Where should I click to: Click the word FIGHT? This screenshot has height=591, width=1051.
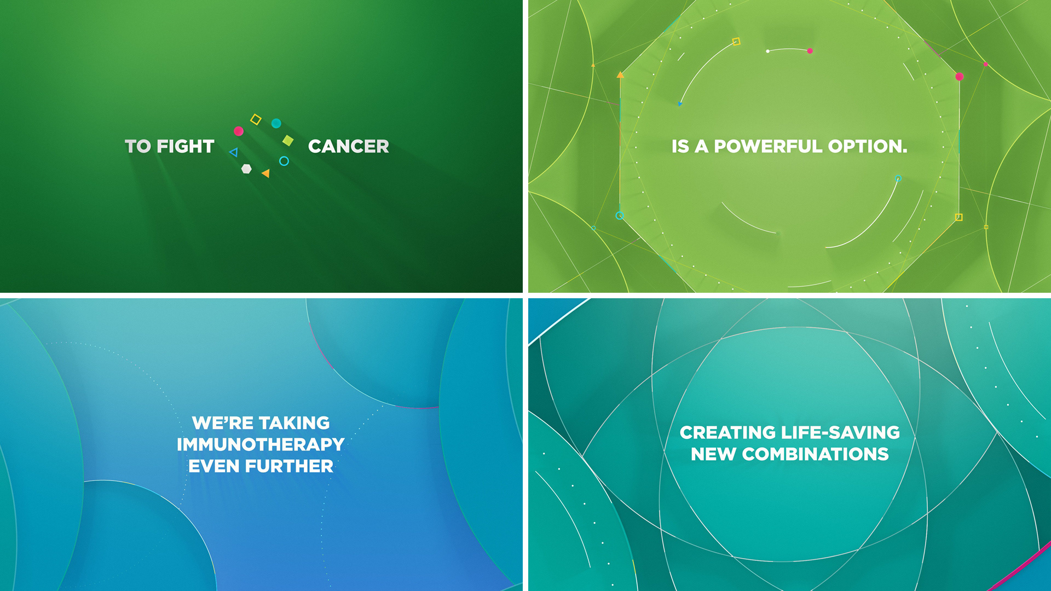(186, 147)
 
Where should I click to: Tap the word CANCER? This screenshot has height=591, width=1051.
(349, 147)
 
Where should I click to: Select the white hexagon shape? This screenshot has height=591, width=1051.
(247, 169)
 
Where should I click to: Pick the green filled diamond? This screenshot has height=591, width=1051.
(288, 141)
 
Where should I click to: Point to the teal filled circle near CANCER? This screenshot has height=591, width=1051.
(276, 123)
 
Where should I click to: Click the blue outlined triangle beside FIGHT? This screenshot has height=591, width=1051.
(234, 152)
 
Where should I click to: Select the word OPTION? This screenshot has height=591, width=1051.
(868, 147)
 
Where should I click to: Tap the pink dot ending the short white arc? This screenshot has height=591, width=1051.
(810, 51)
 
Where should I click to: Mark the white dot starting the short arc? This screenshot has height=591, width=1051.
(768, 51)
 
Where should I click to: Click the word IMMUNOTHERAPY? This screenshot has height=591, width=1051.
(261, 444)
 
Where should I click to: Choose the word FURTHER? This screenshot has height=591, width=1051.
(289, 466)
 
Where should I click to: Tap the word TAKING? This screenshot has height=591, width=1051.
(294, 423)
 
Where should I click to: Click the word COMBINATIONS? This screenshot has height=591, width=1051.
(816, 454)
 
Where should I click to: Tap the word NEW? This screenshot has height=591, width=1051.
(714, 454)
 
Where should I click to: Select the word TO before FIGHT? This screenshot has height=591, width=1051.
(138, 147)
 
